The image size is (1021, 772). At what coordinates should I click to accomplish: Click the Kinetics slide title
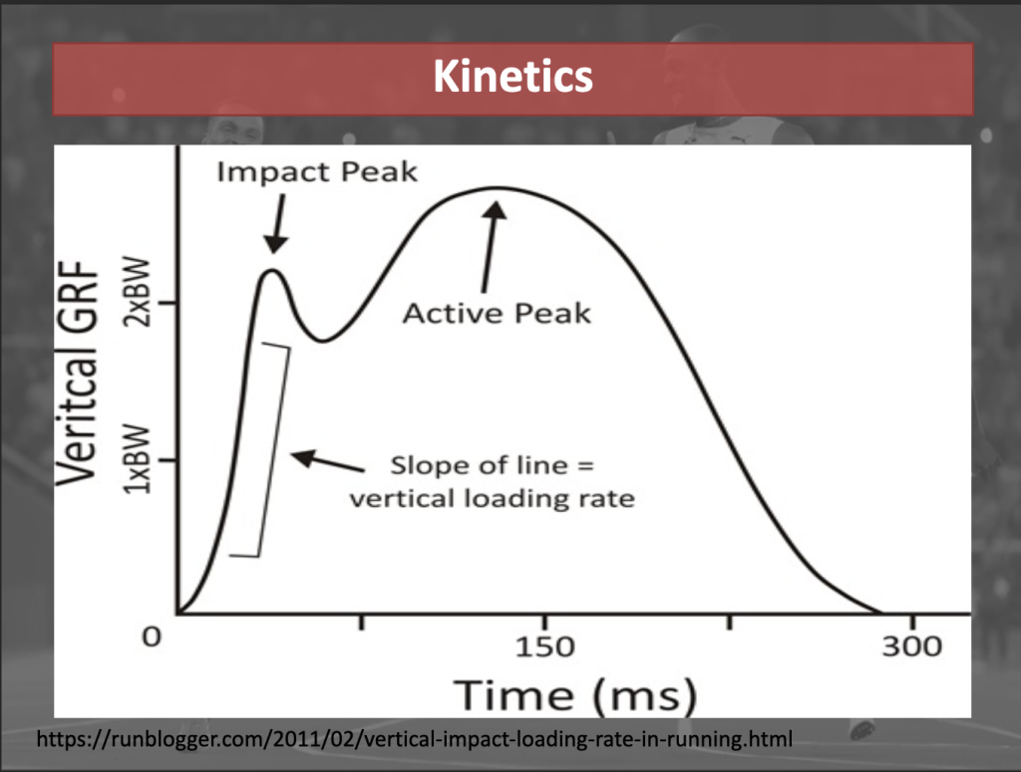coord(513,77)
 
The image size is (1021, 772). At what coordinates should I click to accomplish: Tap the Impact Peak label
coord(317,171)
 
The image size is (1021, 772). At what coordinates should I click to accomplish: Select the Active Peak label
coord(497,314)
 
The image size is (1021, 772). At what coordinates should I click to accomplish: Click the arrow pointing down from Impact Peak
coord(278,224)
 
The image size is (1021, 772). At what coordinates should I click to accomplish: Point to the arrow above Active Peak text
coord(492,246)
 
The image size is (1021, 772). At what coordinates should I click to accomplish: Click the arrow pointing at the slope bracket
coord(327,460)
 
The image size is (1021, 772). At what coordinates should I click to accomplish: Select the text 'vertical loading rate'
coord(493,499)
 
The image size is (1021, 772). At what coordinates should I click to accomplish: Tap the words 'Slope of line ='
coord(493,465)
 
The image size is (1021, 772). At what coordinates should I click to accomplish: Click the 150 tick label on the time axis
coord(545,647)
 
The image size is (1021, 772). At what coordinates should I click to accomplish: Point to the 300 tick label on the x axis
coord(912,646)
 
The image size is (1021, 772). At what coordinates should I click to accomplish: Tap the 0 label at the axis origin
coord(152,637)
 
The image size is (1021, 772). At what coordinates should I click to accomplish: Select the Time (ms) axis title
coord(575,695)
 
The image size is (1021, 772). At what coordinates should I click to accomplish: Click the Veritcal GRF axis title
coord(78,374)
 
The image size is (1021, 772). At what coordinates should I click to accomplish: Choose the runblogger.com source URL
coord(414,739)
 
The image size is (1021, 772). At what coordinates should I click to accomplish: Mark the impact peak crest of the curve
coord(273,271)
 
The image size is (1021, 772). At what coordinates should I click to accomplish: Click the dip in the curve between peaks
coord(323,340)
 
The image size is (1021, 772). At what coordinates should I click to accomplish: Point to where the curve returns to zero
coord(880,613)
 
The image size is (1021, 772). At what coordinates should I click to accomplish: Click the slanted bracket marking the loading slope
coord(273,449)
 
